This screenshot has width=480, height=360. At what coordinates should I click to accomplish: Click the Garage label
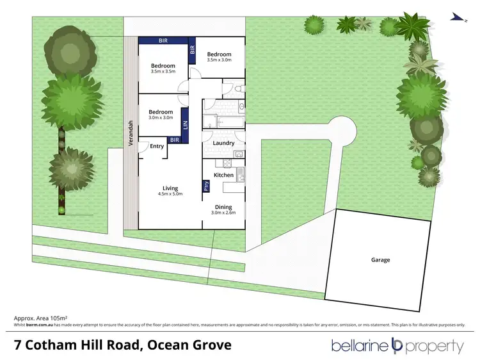click(x=380, y=260)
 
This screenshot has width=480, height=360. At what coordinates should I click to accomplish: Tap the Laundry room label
click(x=222, y=143)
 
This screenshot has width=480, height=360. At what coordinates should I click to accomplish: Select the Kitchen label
click(x=223, y=175)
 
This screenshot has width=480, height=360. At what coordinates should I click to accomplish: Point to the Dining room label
click(x=223, y=206)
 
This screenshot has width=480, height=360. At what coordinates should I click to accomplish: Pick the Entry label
click(x=157, y=146)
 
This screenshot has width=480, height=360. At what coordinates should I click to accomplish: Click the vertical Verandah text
click(x=131, y=133)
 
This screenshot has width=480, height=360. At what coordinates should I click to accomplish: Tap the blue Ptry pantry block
click(x=206, y=186)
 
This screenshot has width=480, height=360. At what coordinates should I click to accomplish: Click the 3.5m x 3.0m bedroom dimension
click(x=219, y=60)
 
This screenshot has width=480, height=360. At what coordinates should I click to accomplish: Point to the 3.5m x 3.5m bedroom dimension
click(x=163, y=72)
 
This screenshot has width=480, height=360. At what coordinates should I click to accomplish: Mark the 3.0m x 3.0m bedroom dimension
click(x=161, y=117)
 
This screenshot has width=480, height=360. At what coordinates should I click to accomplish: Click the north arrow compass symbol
click(x=455, y=17)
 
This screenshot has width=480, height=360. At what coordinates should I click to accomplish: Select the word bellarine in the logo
click(x=360, y=347)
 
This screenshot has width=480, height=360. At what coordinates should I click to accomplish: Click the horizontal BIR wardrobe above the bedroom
click(x=164, y=40)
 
